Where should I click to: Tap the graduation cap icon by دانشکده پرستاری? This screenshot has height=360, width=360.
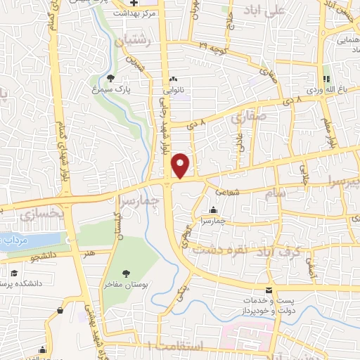tap(13, 273)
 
